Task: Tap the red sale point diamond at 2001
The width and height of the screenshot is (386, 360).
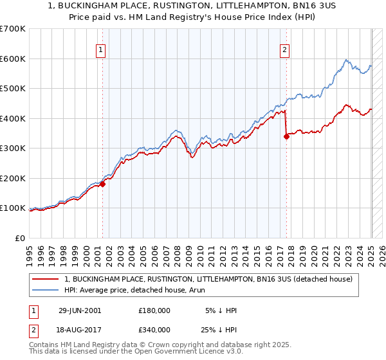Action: tap(102, 184)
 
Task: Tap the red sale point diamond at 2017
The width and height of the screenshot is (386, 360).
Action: tap(286, 136)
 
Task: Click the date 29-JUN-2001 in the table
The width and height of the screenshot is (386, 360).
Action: tap(79, 310)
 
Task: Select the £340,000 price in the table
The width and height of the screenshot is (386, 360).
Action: tap(154, 328)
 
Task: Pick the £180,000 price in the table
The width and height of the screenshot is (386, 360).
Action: tap(154, 310)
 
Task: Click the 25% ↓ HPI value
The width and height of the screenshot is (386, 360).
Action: tap(219, 328)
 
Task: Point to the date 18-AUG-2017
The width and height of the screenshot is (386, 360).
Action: tap(79, 328)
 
